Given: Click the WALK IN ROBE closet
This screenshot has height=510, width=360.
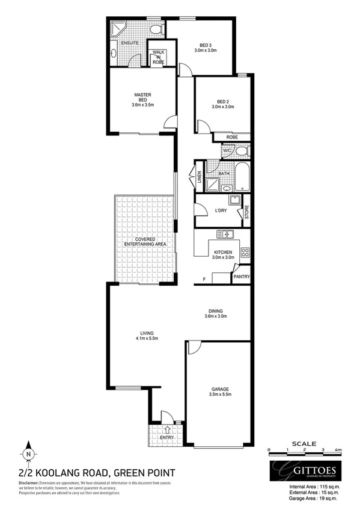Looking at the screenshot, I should click(159, 57).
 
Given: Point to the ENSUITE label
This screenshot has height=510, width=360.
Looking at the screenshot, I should click(130, 43).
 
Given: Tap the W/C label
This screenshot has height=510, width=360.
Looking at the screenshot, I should click(227, 150).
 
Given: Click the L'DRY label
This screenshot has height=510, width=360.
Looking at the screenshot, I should click(220, 210).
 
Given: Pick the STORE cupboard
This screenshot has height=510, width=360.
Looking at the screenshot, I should click(246, 213).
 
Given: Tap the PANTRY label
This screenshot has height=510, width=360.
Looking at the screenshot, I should click(242, 277).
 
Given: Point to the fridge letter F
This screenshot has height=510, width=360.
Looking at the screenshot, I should click(204, 279).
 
